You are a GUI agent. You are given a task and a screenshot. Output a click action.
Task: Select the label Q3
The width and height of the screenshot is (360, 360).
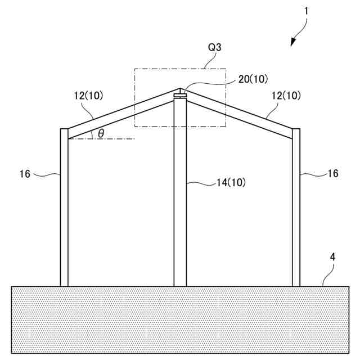click(x=214, y=48)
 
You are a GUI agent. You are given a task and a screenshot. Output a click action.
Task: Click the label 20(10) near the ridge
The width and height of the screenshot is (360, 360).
click(x=253, y=79)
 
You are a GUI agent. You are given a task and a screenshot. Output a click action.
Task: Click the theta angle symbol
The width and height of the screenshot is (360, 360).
click(x=101, y=133)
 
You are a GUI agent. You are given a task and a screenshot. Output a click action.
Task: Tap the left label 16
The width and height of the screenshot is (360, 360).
click(x=25, y=174)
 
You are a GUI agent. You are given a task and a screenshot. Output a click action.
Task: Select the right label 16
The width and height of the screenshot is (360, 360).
click(x=333, y=174)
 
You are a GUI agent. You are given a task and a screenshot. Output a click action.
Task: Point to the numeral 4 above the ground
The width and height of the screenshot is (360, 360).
click(x=332, y=256)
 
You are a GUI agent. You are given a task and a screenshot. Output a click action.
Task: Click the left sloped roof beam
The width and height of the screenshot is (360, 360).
click(x=121, y=112)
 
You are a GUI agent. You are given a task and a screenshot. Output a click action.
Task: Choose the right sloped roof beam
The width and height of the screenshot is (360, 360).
click(x=239, y=112)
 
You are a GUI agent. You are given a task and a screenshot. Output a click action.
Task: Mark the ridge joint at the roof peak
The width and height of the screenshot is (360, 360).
click(x=180, y=94)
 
